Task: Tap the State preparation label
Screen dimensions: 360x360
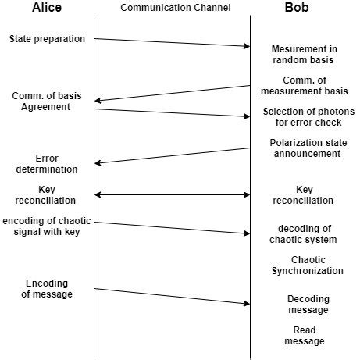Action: pos(48,38)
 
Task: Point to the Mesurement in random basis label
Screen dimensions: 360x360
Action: pos(304,55)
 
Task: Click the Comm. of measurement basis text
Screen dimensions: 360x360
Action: pos(304,86)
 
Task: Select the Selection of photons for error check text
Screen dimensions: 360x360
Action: pos(308,118)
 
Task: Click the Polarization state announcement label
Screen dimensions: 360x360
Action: pos(305,148)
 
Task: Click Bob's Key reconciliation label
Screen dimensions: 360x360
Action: pos(304,194)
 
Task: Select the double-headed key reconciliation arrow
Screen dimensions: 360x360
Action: pos(172,194)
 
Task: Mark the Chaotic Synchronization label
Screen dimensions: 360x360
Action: pos(308,266)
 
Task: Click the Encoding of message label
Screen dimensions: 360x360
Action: pos(48,288)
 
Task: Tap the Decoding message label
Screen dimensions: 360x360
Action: pos(308,305)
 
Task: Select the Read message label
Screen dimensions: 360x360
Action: pos(304,336)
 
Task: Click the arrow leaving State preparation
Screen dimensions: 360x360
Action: pos(172,42)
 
